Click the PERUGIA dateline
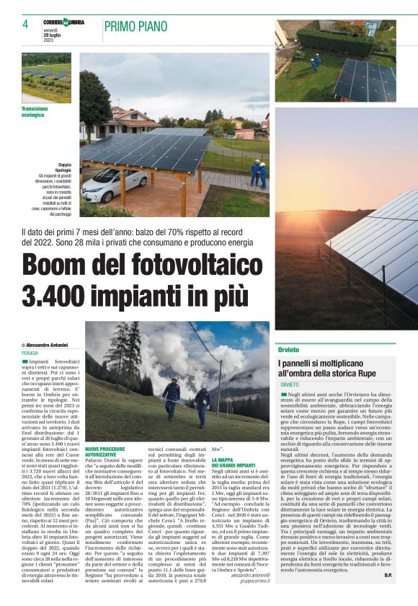coord(30,353)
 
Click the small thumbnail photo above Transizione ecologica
coord(47,77)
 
